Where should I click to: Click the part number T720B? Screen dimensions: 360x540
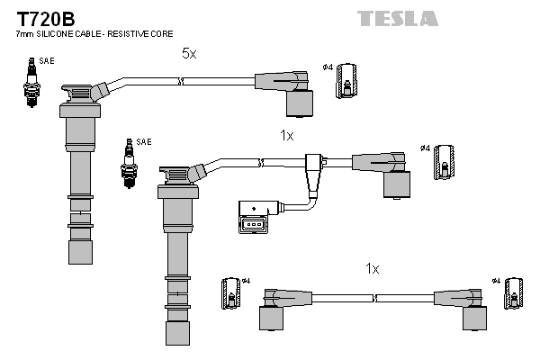click(42, 17)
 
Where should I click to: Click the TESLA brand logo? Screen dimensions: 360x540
click(398, 18)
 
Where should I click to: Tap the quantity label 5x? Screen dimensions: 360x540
click(188, 54)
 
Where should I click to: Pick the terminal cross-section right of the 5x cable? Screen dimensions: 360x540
click(346, 83)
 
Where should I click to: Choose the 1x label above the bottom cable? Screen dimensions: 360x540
click(373, 267)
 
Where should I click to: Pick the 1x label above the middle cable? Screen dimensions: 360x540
click(286, 135)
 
